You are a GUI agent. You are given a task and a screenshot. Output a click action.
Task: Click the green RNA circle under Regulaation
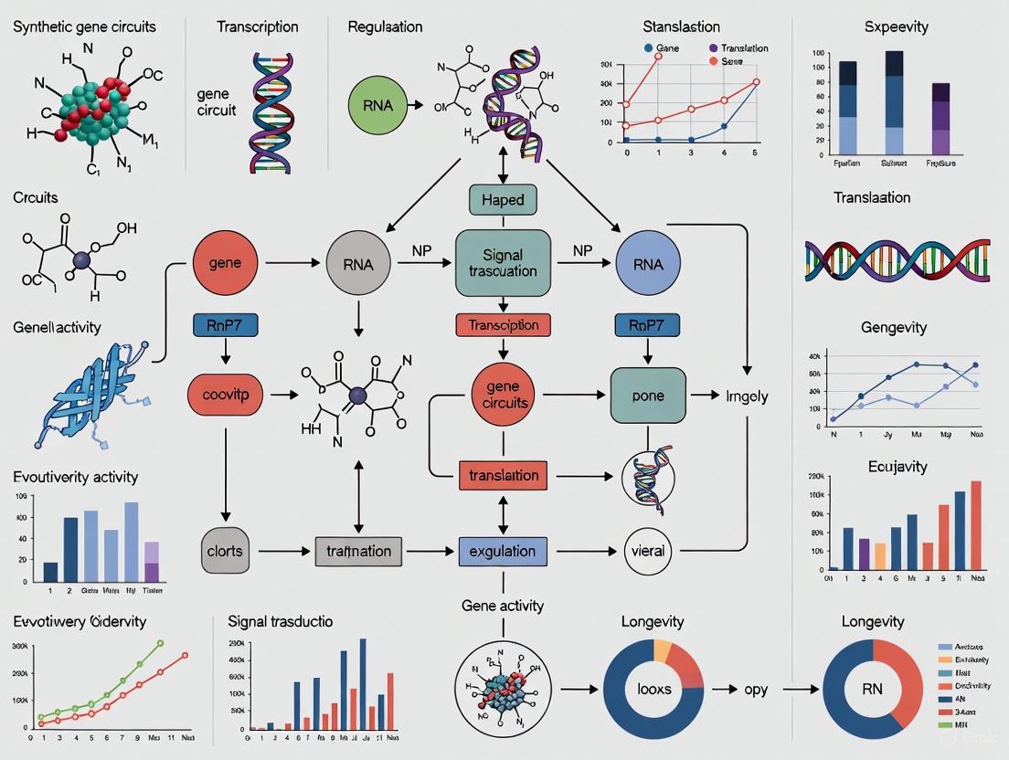[377, 105]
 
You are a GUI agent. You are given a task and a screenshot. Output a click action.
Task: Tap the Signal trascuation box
[503, 263]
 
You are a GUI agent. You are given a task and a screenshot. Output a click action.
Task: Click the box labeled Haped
[503, 199]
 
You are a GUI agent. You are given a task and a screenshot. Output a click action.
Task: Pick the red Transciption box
[503, 324]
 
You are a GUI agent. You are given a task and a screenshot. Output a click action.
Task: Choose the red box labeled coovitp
[225, 396]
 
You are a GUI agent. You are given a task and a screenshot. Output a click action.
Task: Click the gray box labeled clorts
[225, 550]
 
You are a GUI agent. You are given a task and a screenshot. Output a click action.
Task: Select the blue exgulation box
[503, 551]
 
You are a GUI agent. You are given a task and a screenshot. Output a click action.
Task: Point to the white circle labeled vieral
[646, 551]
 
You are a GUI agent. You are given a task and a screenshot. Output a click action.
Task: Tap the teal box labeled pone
[647, 396]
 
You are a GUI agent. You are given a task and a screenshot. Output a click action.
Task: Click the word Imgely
[747, 396]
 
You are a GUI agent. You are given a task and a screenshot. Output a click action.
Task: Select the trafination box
[358, 551]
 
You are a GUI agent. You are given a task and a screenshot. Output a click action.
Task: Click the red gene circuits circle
[502, 396]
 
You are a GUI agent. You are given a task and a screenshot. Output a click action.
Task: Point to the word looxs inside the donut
[653, 689]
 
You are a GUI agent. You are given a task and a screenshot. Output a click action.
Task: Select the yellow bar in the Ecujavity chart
[880, 555]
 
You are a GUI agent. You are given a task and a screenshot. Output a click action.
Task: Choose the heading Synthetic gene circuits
[84, 26]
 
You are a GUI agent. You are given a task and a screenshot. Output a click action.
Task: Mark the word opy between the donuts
[755, 690]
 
